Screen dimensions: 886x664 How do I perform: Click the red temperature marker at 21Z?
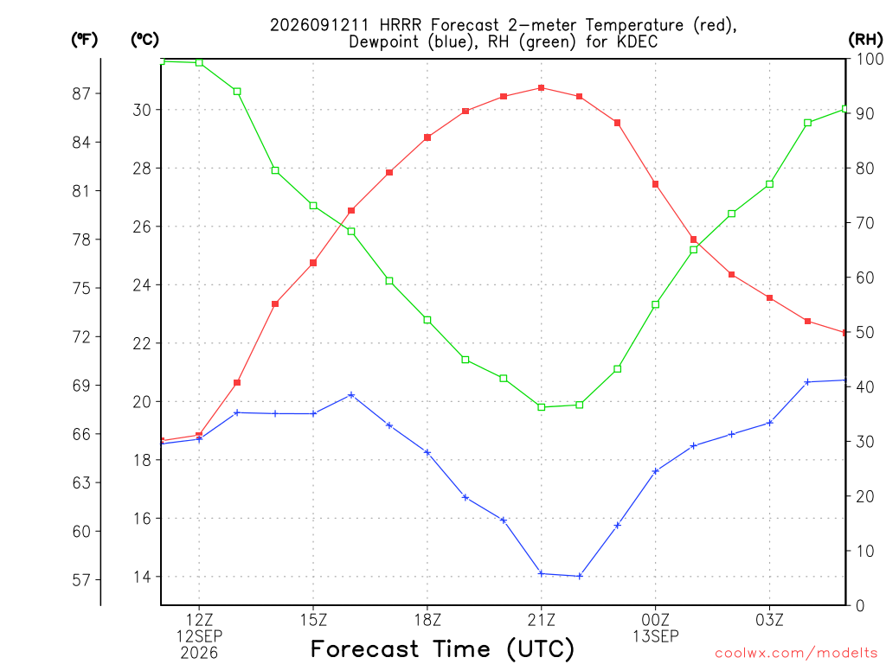click(x=542, y=87)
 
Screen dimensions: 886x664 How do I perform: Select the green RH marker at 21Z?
click(x=542, y=407)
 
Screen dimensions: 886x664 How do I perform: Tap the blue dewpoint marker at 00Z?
click(x=656, y=471)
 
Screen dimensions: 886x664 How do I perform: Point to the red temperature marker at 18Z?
click(x=427, y=137)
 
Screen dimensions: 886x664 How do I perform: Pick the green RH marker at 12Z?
click(x=199, y=62)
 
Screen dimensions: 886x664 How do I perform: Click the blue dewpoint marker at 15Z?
click(x=313, y=414)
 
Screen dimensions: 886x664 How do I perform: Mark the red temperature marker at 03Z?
click(x=769, y=298)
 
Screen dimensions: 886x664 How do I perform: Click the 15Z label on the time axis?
click(x=313, y=620)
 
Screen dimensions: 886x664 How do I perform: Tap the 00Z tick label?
click(x=656, y=620)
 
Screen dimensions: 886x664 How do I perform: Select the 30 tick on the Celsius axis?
click(x=142, y=110)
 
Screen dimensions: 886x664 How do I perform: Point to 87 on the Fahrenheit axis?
click(x=81, y=93)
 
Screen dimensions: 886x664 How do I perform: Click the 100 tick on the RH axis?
click(x=870, y=59)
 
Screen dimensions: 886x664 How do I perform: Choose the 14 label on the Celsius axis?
click(x=142, y=577)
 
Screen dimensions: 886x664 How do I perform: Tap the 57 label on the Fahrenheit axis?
click(x=81, y=580)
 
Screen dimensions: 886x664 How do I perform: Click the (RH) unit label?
click(x=865, y=39)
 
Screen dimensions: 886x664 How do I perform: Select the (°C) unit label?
click(x=144, y=39)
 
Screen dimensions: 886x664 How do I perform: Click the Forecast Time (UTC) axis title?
click(x=442, y=649)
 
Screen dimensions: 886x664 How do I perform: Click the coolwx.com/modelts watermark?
click(x=796, y=653)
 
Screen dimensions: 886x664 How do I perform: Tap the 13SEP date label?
click(x=656, y=636)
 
